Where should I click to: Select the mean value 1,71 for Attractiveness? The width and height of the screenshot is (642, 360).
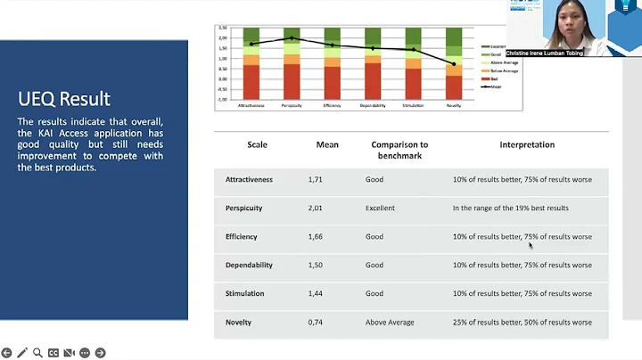point(327,180)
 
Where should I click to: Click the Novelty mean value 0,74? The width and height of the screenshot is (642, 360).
point(327,323)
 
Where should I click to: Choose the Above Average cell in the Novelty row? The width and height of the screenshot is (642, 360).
point(390,323)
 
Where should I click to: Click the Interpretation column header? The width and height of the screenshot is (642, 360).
point(527,145)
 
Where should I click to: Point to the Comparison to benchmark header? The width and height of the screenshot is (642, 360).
point(399,150)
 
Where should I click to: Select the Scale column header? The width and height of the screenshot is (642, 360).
point(258,145)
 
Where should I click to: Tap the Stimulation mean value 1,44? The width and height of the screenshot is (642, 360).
point(327,294)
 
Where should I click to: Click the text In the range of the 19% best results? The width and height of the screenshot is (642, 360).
point(510,209)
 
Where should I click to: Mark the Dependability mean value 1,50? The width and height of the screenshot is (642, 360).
point(327,266)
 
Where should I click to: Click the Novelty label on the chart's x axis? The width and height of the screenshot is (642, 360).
point(454,105)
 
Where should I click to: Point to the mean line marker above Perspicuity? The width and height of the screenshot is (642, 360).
point(292,38)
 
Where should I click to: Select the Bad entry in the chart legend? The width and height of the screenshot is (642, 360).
point(494,79)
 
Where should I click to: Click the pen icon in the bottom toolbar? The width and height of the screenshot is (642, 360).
point(22,353)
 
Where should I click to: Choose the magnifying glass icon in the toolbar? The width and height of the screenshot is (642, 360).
point(37,353)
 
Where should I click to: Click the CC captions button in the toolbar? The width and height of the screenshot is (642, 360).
point(53,353)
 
